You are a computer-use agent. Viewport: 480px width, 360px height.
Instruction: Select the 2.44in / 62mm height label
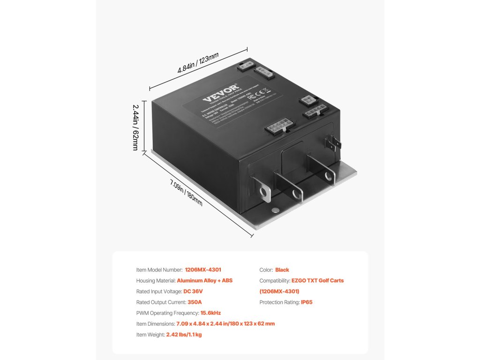[135, 127]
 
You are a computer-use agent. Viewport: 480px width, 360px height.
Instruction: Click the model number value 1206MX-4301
[203, 270]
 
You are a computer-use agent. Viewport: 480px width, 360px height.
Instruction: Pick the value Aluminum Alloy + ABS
[204, 280]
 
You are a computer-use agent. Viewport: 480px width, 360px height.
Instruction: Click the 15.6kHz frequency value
[210, 313]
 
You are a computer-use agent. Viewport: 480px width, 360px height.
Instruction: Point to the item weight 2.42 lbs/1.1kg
[184, 335]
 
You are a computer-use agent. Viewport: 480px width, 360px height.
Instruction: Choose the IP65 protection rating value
[307, 302]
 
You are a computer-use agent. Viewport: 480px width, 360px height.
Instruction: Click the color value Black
[282, 270]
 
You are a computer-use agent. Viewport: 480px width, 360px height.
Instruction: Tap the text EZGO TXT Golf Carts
[317, 280]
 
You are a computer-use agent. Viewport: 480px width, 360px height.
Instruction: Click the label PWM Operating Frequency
[167, 313]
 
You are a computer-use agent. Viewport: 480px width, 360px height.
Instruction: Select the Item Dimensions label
[155, 324]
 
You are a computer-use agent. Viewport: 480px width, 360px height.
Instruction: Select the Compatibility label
[277, 280]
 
